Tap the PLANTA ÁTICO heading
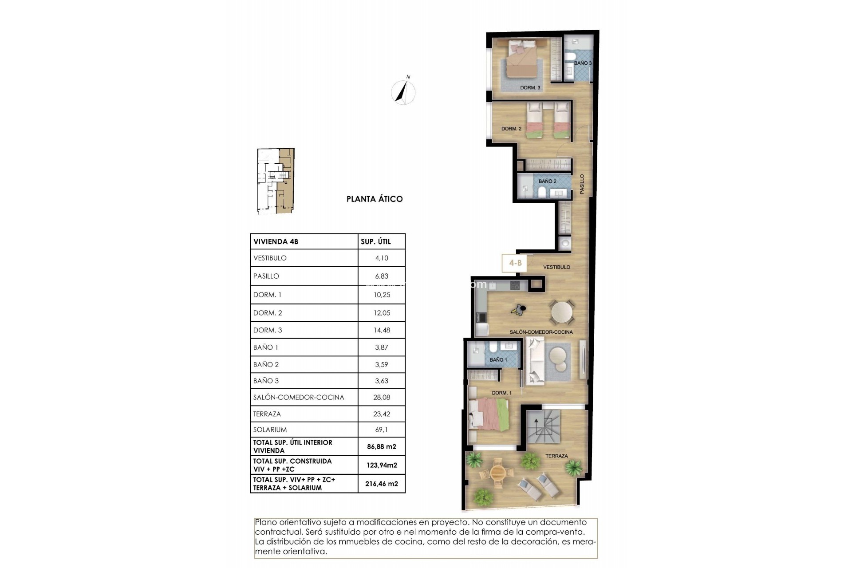pyautogui.click(x=375, y=199)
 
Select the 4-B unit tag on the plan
pyautogui.click(x=515, y=263)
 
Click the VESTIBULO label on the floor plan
pyautogui.click(x=556, y=267)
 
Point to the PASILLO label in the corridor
pyautogui.click(x=582, y=184)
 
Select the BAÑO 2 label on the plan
pyautogui.click(x=547, y=181)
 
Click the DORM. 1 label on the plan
pyautogui.click(x=501, y=393)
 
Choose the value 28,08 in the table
pyautogui.click(x=382, y=398)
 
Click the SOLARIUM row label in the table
pyautogui.click(x=270, y=430)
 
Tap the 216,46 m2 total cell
pyautogui.click(x=382, y=484)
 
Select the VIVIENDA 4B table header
pyautogui.click(x=276, y=242)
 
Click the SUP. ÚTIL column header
pyautogui.click(x=375, y=242)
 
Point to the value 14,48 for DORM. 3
pyautogui.click(x=382, y=330)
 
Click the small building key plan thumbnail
pyautogui.click(x=276, y=181)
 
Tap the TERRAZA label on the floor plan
pyautogui.click(x=556, y=456)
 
